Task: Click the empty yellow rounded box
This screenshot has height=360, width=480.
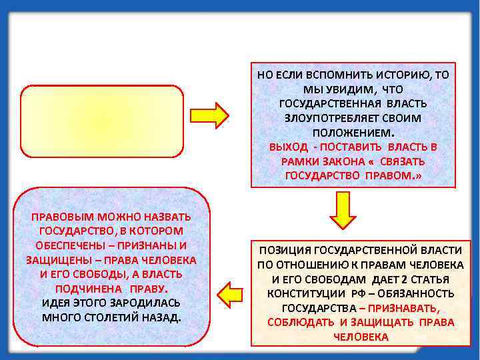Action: tap(102, 121)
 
